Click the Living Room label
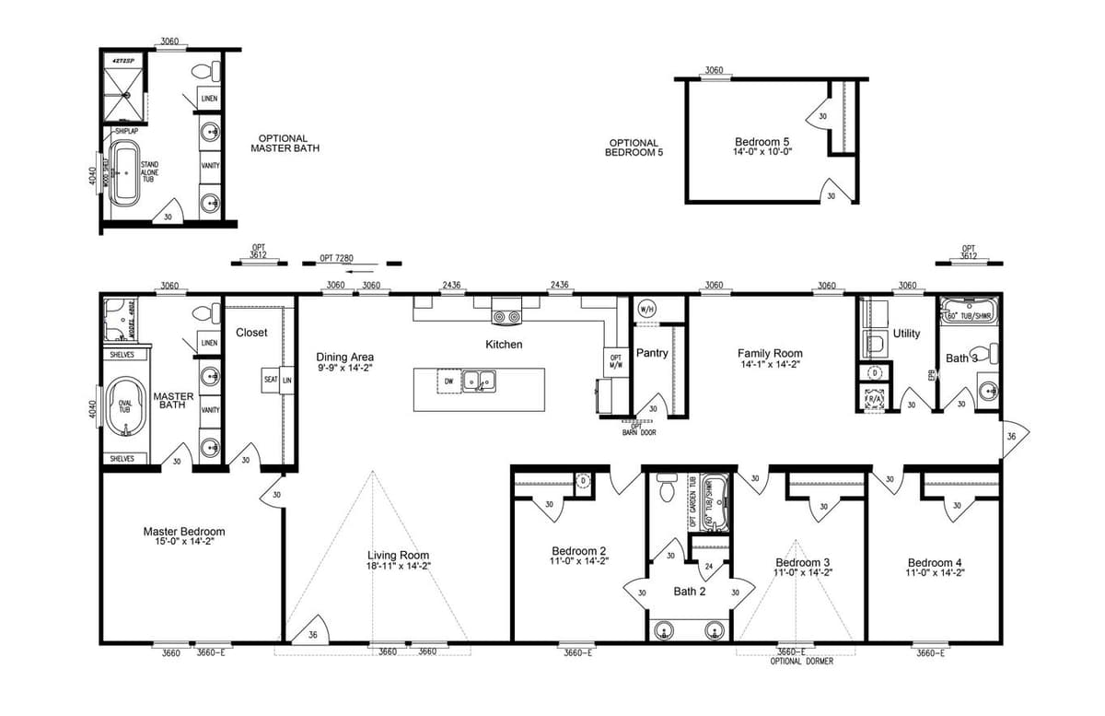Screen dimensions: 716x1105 tap(399, 555)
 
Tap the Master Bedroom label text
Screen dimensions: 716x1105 tap(183, 532)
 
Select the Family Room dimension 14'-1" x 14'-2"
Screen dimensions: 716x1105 tap(769, 364)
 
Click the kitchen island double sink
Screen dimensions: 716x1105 tap(479, 380)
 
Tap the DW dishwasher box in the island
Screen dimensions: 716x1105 tap(448, 380)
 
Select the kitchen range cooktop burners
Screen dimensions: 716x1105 tap(506, 318)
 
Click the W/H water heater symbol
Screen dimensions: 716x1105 tap(646, 310)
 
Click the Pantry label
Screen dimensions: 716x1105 tap(652, 353)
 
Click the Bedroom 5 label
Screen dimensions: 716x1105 tap(762, 141)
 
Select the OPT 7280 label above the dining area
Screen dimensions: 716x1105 tap(337, 258)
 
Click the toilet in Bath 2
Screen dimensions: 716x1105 tap(666, 487)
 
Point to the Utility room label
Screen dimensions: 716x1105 tap(906, 334)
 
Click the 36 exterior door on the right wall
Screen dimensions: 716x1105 tap(1012, 436)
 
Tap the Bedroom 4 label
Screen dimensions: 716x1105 tap(936, 563)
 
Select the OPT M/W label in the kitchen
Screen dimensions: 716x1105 tap(616, 362)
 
